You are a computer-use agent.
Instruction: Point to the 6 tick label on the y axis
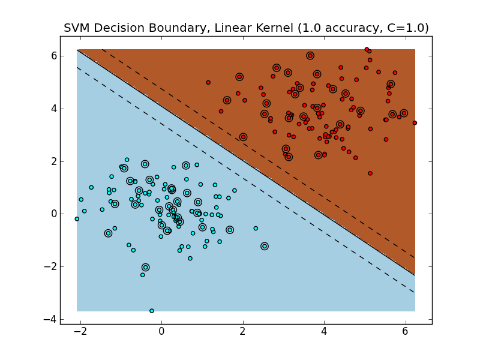coord(53,56)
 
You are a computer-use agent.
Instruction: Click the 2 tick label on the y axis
coord(53,161)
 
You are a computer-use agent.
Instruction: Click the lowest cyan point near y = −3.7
coord(152,311)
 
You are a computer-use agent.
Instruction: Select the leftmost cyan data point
coord(77,219)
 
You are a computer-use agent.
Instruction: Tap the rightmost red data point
coord(415,123)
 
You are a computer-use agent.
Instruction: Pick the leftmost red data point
coord(208,83)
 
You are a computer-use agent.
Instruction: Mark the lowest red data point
coord(370,173)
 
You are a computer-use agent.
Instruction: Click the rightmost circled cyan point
coord(265,246)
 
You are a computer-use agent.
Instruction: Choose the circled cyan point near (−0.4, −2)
coord(146,267)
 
